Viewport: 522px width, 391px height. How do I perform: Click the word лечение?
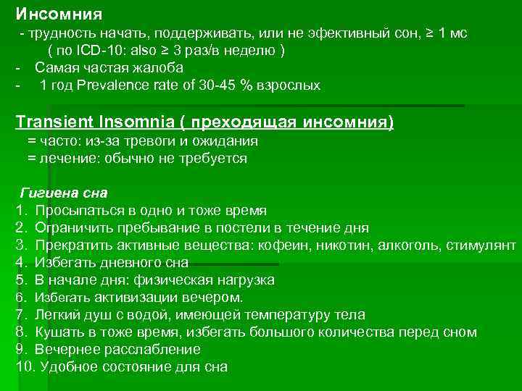pos(69,158)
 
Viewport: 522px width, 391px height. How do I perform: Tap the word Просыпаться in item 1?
pos(78,211)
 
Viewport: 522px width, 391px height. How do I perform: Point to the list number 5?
pos(20,280)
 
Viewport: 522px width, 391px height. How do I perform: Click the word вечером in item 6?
pos(214,298)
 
